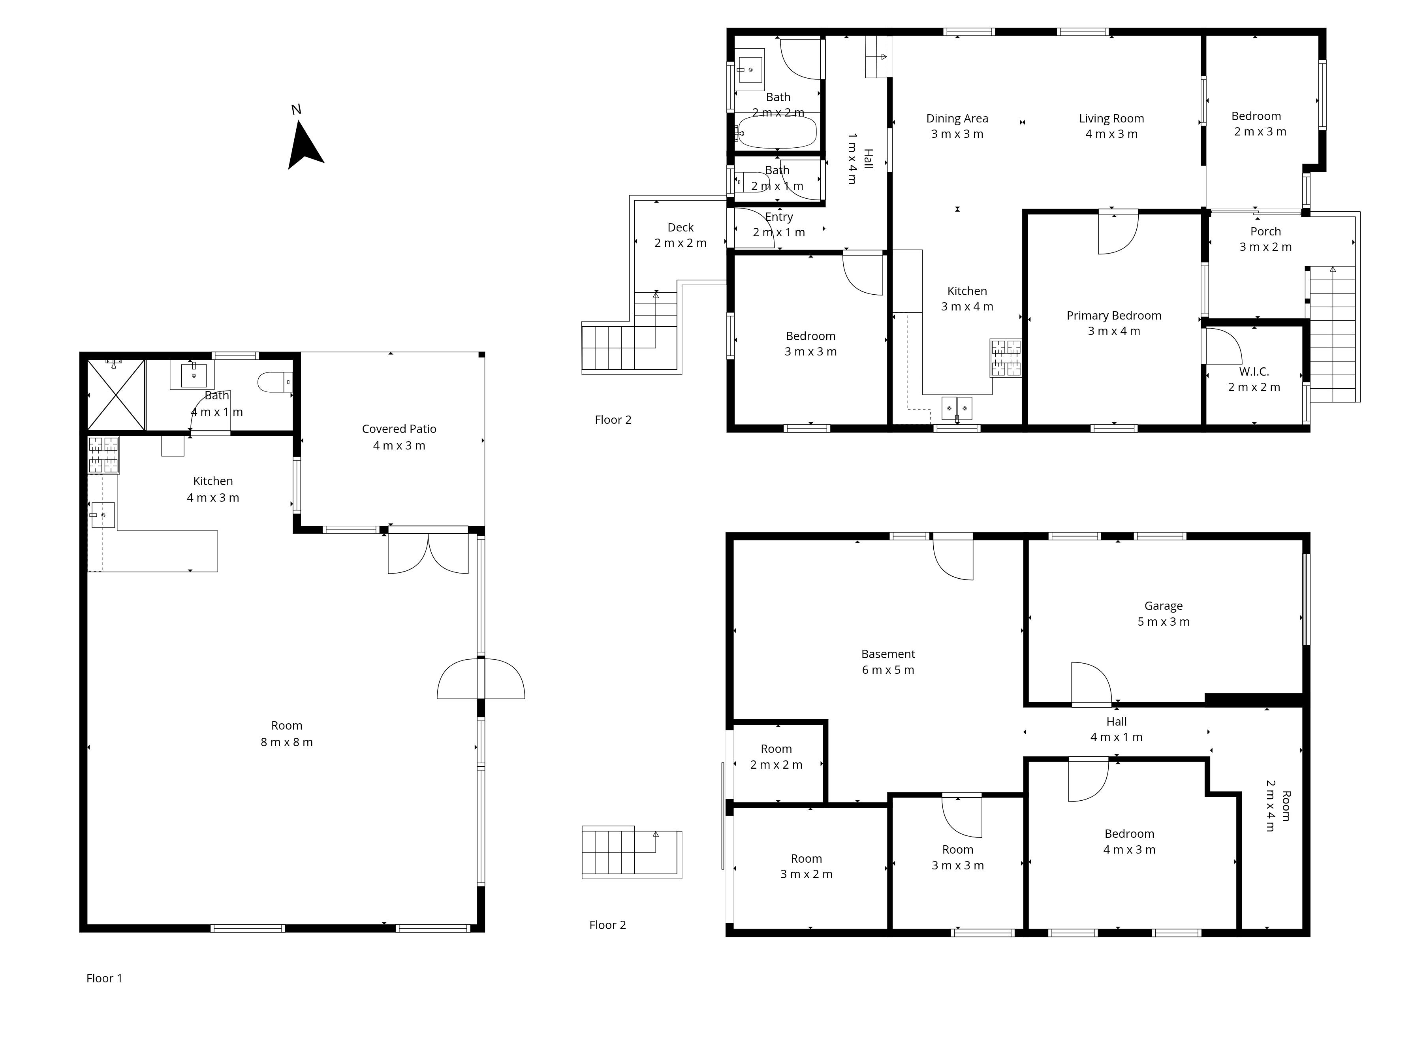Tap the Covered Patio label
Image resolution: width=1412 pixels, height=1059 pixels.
(399, 429)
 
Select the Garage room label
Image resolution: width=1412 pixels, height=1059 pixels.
(1163, 606)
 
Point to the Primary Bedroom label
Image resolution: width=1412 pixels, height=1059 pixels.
(1114, 315)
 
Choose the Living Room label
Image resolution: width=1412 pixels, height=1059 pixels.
(1111, 118)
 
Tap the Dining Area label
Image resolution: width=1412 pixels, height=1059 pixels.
(957, 118)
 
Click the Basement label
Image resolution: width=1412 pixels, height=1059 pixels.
(888, 654)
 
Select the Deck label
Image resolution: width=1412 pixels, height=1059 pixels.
(681, 227)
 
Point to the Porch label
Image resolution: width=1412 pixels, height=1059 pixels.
(1265, 231)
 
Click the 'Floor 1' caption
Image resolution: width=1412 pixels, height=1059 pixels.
(104, 978)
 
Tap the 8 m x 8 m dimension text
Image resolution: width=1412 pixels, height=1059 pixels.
(287, 742)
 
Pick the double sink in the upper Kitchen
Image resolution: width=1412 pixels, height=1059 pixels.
(957, 406)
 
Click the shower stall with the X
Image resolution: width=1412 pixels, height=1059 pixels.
(116, 395)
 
